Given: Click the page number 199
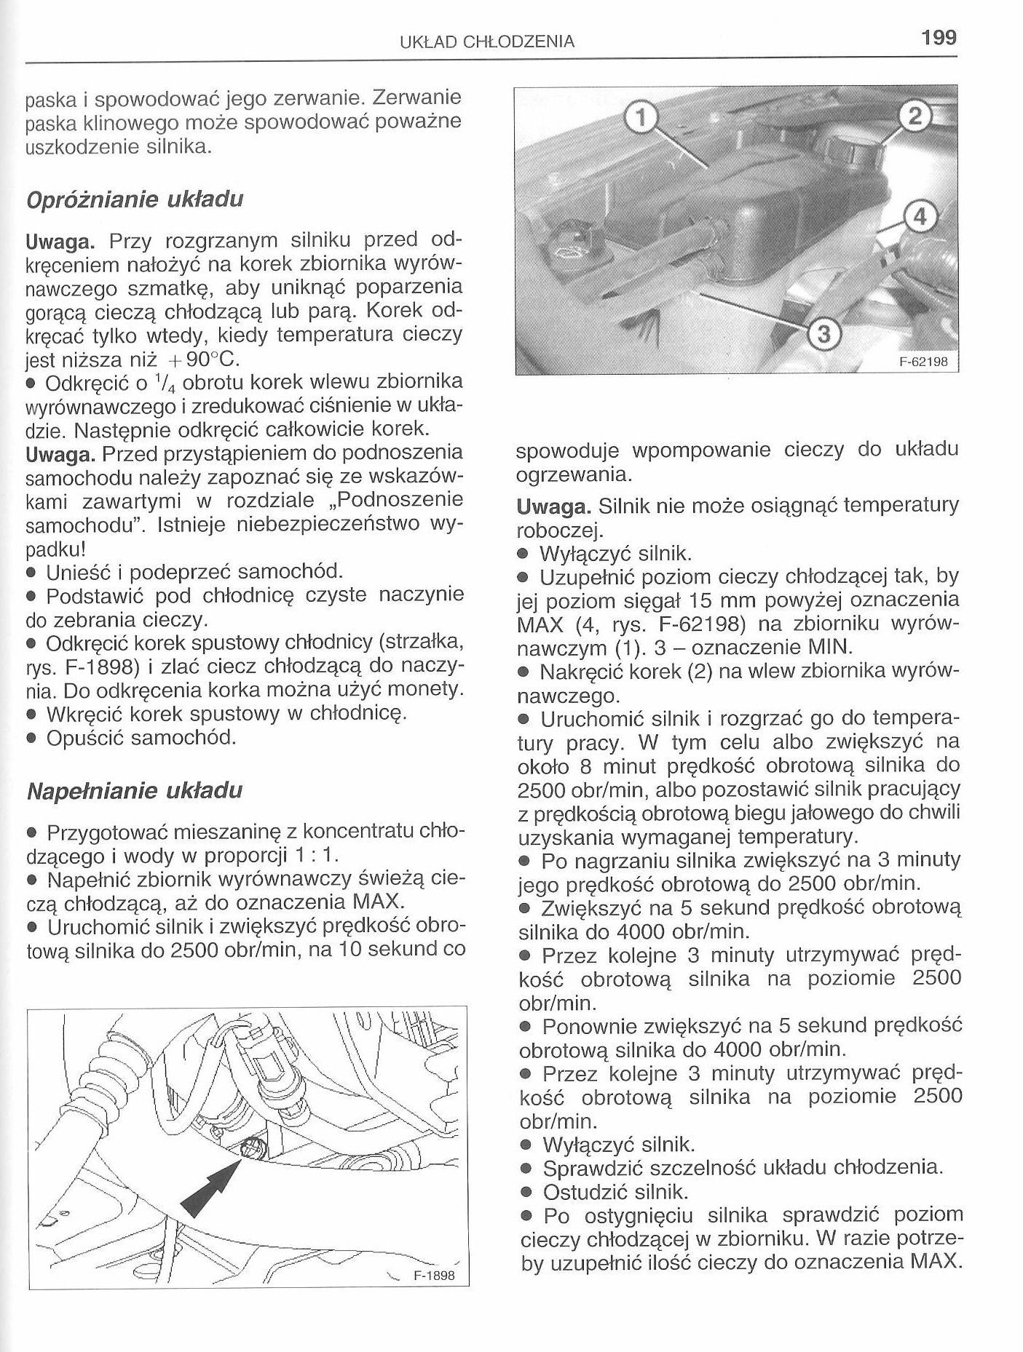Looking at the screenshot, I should pos(938,37).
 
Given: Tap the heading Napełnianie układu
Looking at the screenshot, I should pos(133,791).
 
